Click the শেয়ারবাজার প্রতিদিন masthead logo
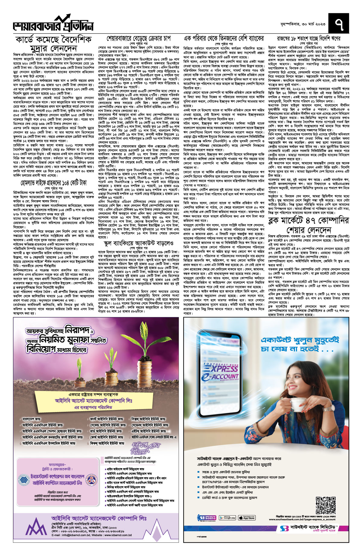point(53,24)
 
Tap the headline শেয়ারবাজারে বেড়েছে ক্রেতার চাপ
point(138,39)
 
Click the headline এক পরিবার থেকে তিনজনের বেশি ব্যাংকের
point(224,39)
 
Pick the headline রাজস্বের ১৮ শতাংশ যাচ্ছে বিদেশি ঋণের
point(309,39)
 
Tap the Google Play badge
point(227,518)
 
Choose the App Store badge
point(247,518)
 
